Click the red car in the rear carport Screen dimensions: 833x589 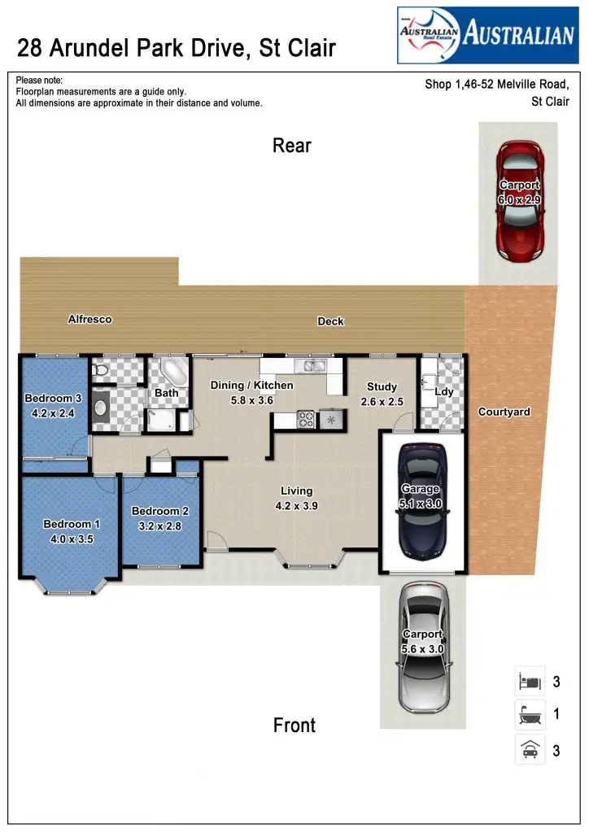[519, 201]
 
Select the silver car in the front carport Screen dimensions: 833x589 [422, 646]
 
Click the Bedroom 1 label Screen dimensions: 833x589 [72, 525]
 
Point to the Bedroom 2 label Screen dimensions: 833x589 [160, 511]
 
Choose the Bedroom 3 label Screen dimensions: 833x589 [53, 399]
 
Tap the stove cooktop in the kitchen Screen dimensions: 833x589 [307, 420]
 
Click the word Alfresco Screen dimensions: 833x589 [89, 320]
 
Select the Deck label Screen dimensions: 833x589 [330, 321]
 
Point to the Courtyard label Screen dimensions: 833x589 [504, 412]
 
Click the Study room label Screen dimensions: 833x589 [382, 387]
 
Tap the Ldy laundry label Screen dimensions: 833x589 [444, 392]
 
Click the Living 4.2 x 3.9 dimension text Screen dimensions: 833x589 [296, 505]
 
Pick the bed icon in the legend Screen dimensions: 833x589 [530, 680]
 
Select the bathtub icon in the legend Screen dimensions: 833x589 [530, 715]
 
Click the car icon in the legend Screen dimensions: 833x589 [530, 750]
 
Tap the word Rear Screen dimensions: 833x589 [292, 146]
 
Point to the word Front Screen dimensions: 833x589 [294, 725]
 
